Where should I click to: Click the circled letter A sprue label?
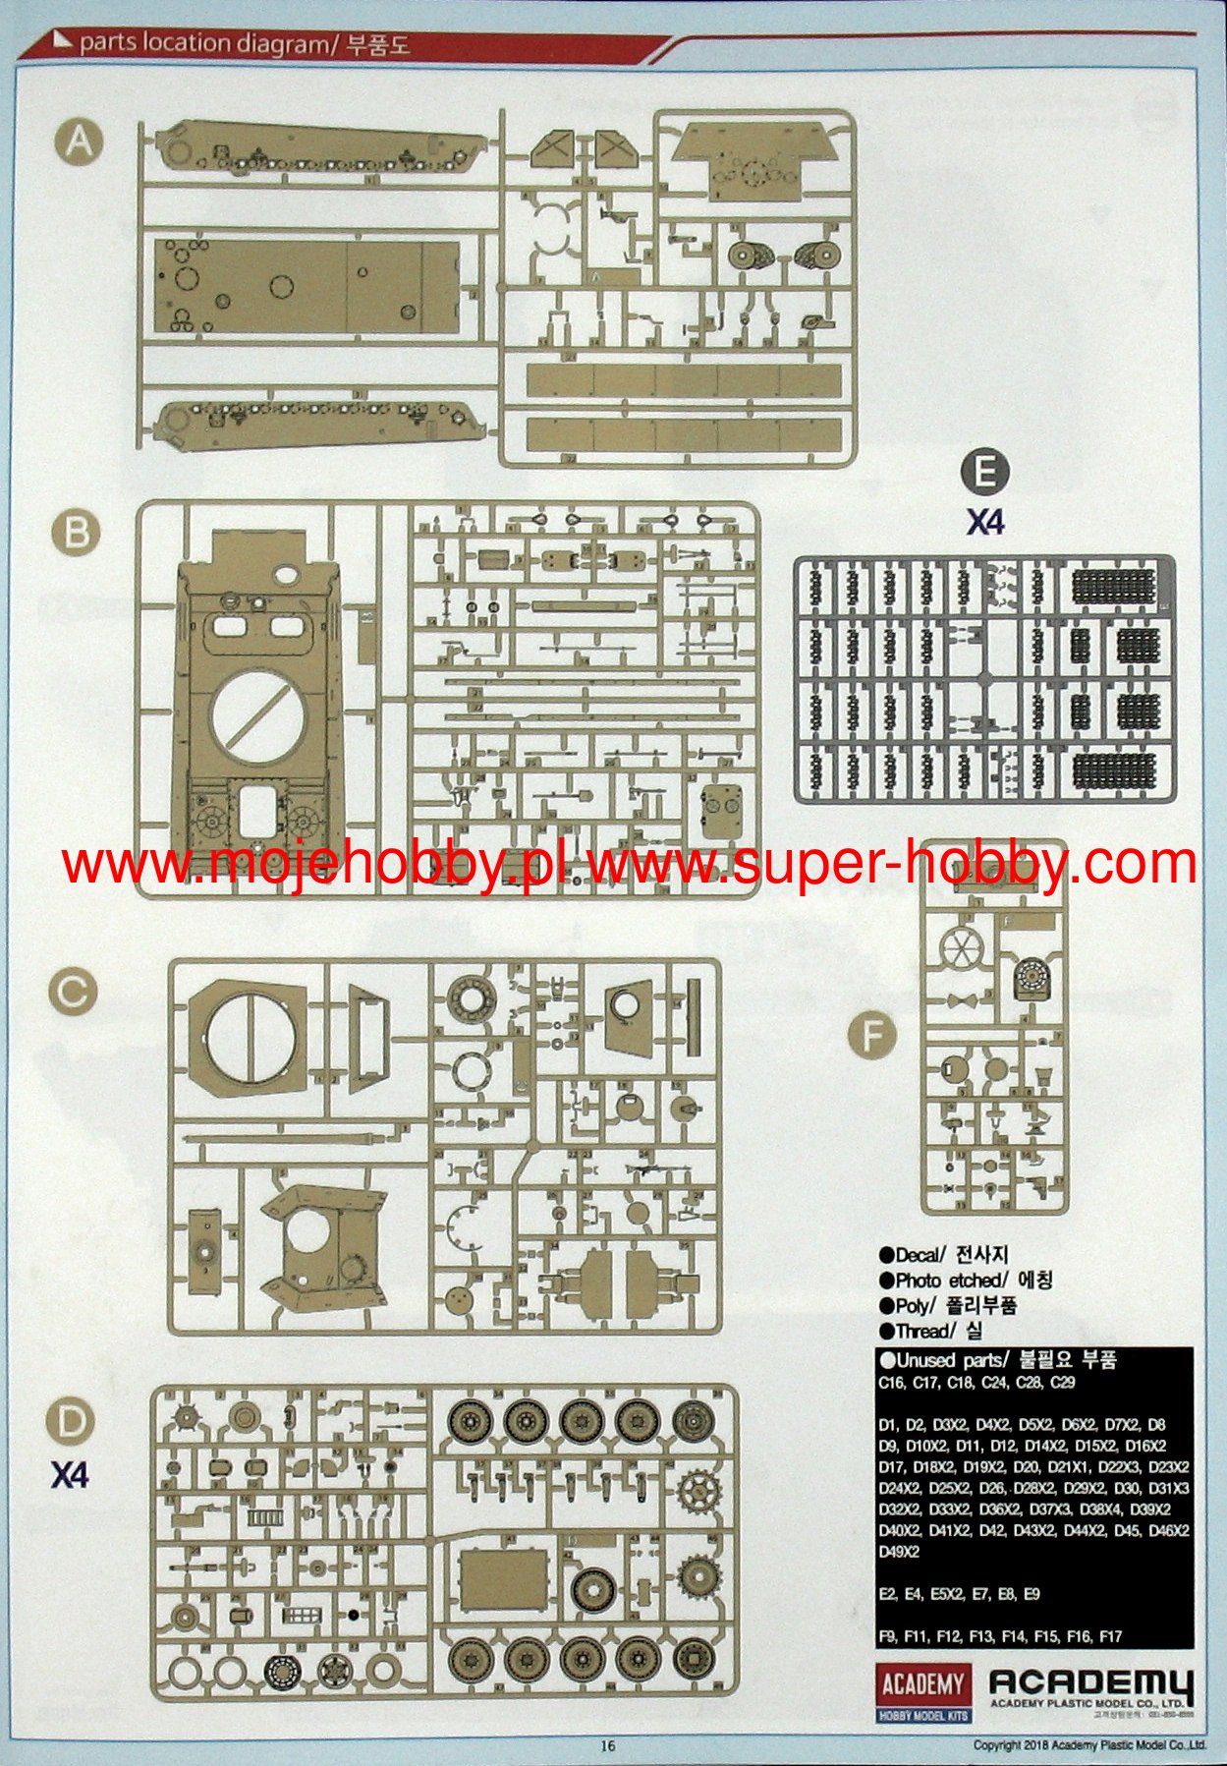[79, 143]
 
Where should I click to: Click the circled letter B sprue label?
[76, 533]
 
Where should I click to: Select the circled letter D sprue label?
[71, 1422]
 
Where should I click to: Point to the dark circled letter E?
[984, 474]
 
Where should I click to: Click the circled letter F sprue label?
[872, 1035]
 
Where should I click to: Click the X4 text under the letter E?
[984, 522]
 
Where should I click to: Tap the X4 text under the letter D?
[70, 1475]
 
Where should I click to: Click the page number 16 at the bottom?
[608, 1745]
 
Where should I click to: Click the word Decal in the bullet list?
[918, 1255]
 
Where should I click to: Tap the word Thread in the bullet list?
[922, 1332]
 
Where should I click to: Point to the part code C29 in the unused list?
[1062, 1383]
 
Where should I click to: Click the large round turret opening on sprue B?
[254, 714]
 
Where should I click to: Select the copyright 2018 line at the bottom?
[1088, 1745]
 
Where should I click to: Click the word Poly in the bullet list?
[912, 1306]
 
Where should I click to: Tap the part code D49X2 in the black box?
[899, 1552]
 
